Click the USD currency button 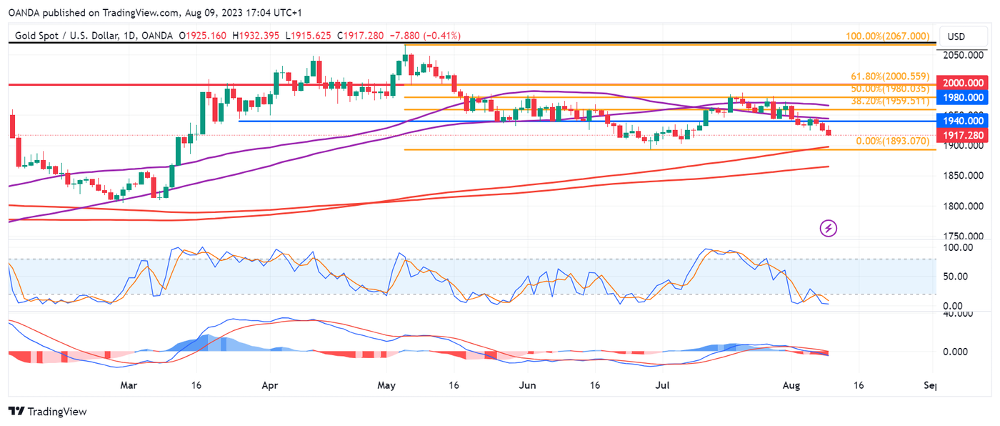click(x=956, y=36)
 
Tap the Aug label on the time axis click(x=791, y=385)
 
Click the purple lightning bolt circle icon click(x=829, y=229)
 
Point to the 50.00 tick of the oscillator click(x=961, y=277)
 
